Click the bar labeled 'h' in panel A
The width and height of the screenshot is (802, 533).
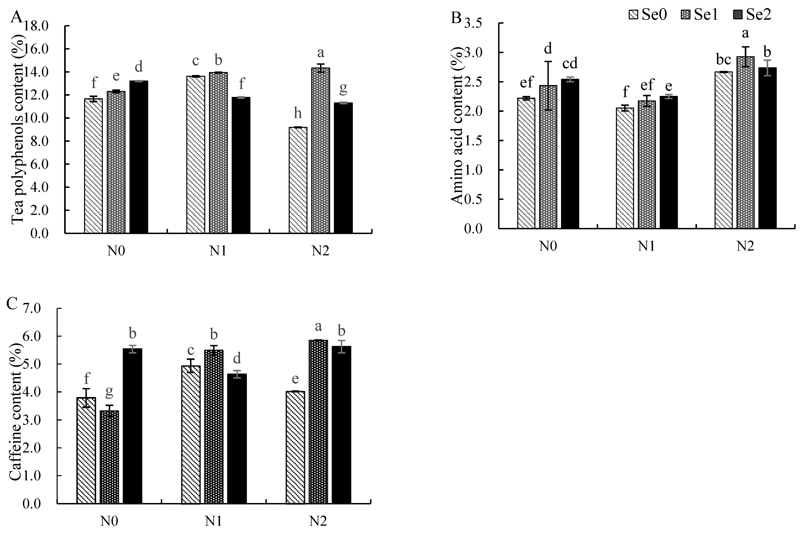tap(298, 180)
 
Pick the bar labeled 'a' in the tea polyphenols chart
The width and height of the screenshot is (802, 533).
tap(320, 151)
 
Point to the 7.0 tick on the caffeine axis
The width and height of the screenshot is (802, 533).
tap(32, 308)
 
